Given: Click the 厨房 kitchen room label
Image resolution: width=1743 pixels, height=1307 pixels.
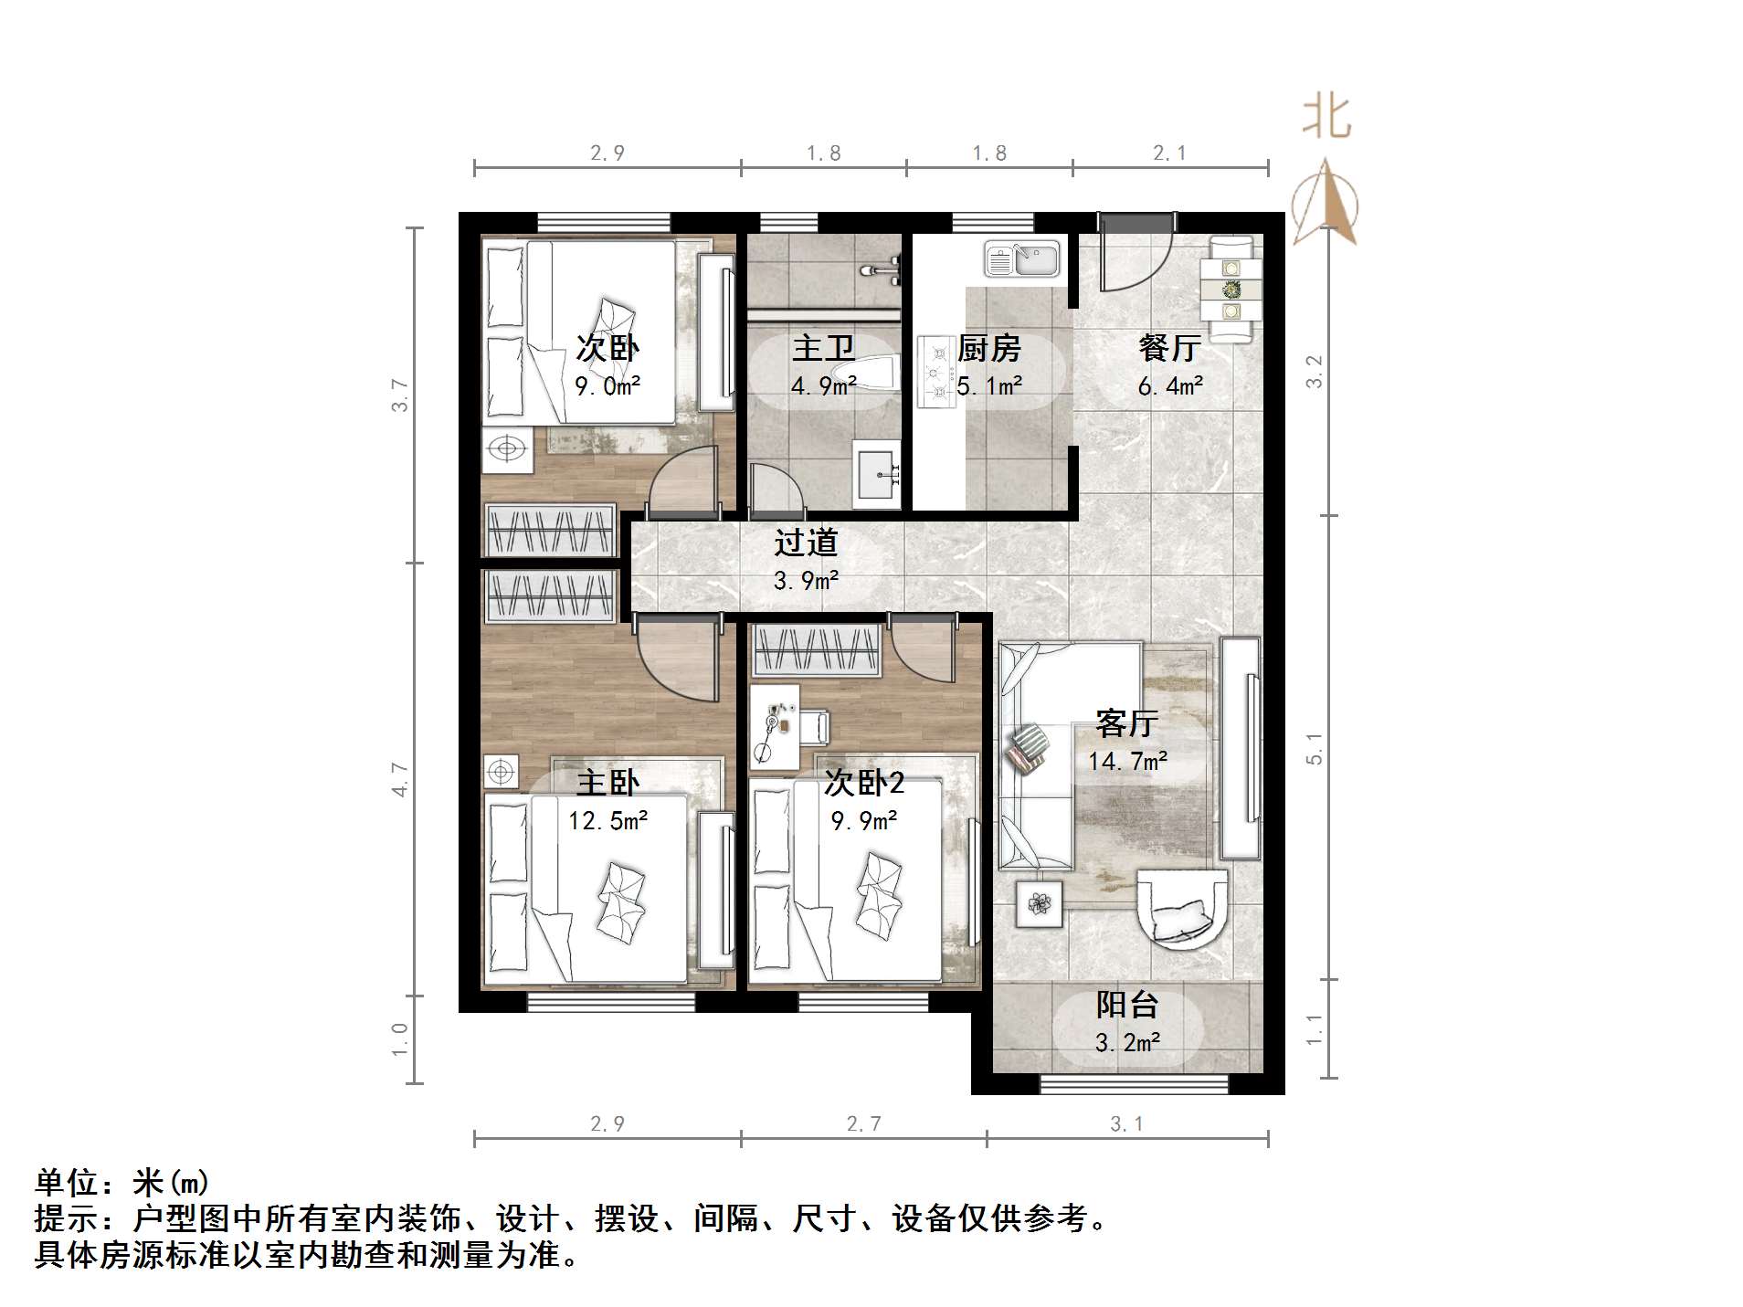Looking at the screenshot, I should pyautogui.click(x=988, y=348).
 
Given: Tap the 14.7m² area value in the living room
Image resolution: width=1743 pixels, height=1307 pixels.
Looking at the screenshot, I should pyautogui.click(x=1127, y=761).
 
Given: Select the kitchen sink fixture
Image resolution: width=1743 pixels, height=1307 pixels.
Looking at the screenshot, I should pyautogui.click(x=1021, y=258).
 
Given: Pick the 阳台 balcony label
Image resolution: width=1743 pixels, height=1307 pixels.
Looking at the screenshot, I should pyautogui.click(x=1127, y=1005).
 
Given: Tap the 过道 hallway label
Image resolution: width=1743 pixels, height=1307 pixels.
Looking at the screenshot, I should pyautogui.click(x=806, y=543).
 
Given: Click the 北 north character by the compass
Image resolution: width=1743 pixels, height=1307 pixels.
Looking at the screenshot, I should pyautogui.click(x=1326, y=119).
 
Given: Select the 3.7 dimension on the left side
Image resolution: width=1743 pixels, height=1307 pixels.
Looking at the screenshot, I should pyautogui.click(x=400, y=395).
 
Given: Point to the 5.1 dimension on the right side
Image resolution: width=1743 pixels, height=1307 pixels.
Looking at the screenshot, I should pyautogui.click(x=1314, y=748).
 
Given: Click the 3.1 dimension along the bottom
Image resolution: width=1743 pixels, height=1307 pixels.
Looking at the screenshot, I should pyautogui.click(x=1126, y=1124).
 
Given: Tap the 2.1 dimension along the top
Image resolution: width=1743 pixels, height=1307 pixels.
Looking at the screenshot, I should pyautogui.click(x=1169, y=153).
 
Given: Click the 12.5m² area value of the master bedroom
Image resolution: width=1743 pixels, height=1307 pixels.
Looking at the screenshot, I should pyautogui.click(x=607, y=821).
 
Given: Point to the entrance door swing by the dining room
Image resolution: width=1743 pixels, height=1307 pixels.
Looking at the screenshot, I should pyautogui.click(x=1133, y=256).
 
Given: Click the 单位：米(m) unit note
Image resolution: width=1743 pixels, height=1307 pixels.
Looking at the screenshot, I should pyautogui.click(x=122, y=1183).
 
